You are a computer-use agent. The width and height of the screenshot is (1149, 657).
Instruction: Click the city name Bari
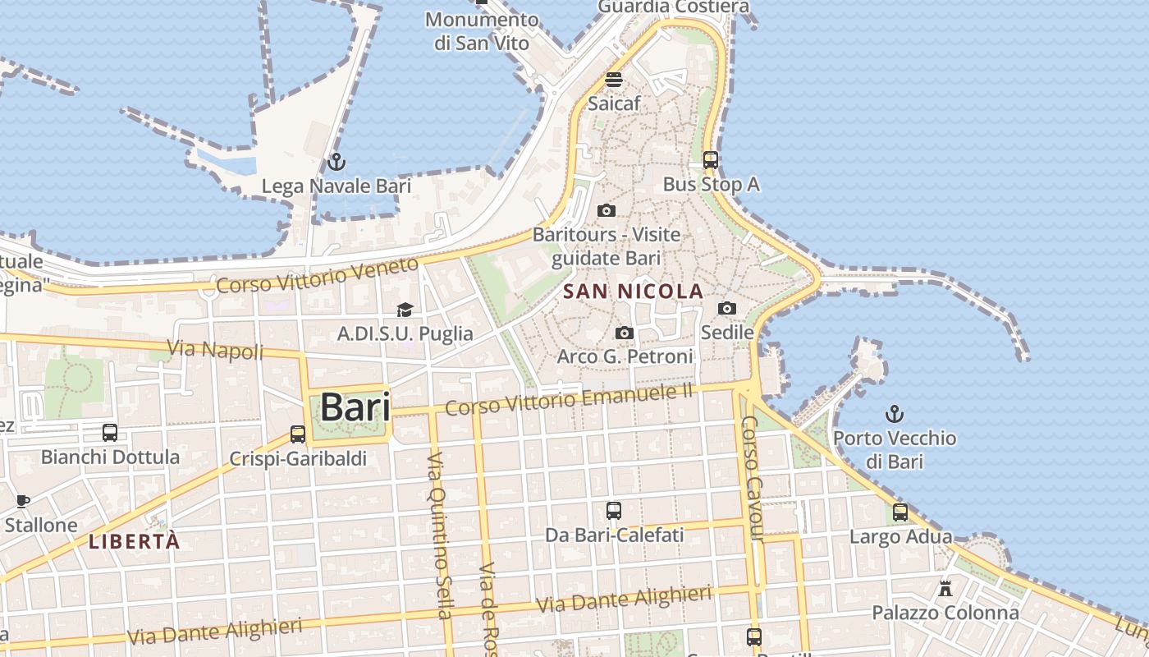[x=355, y=407]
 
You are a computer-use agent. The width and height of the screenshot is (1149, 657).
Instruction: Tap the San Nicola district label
[x=633, y=291]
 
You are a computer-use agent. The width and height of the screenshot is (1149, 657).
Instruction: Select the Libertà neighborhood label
[x=134, y=541]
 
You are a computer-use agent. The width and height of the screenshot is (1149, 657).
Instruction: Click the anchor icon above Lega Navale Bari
[x=336, y=162]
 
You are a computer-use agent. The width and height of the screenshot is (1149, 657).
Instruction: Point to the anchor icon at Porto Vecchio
[x=895, y=414]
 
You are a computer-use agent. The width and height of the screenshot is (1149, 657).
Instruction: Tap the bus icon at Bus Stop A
[x=711, y=160]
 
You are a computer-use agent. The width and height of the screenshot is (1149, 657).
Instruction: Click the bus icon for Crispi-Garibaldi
[x=297, y=434]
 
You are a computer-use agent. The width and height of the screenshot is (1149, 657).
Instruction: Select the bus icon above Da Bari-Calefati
[x=614, y=511]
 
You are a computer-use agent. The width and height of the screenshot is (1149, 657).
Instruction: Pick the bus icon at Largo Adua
[x=900, y=512]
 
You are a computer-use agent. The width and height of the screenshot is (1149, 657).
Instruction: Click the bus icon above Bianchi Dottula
[x=110, y=432]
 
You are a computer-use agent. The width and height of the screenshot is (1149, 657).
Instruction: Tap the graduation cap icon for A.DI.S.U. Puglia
[x=405, y=310]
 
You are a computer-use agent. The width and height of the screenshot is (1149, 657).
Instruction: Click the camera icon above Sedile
[x=726, y=309]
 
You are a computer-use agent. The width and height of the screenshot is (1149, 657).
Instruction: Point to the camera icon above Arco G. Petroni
[x=625, y=333]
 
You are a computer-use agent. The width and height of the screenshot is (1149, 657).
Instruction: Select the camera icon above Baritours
[x=607, y=210]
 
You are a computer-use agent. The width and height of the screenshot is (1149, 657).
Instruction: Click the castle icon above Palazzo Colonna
[x=945, y=588]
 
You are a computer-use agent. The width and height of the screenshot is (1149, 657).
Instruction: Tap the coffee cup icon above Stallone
[x=23, y=500]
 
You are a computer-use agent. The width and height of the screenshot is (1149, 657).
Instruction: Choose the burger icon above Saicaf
[x=614, y=80]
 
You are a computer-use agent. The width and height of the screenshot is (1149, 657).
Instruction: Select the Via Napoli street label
[x=215, y=350]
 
